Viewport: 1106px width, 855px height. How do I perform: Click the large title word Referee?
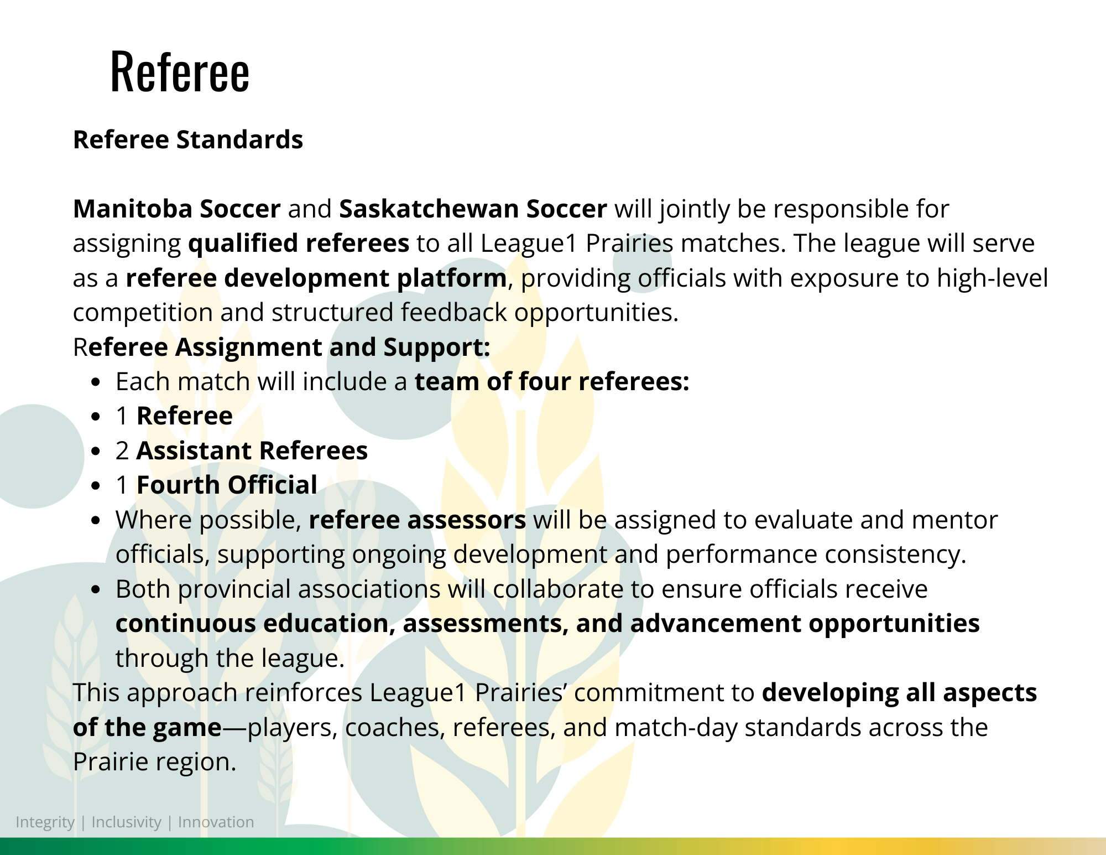[x=180, y=71]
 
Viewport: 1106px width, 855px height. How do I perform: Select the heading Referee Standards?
[x=188, y=139]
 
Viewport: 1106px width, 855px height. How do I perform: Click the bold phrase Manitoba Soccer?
[x=177, y=209]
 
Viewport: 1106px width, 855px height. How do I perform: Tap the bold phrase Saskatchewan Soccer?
[x=473, y=209]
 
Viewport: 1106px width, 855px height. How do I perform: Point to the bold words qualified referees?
[x=299, y=243]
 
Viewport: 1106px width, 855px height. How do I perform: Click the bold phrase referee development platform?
[x=316, y=278]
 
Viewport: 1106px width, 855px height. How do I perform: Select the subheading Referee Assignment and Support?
[x=281, y=348]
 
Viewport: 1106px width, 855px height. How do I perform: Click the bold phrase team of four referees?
[x=552, y=382]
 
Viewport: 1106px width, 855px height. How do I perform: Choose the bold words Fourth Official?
[x=227, y=485]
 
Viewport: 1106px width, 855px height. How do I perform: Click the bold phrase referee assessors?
[x=418, y=520]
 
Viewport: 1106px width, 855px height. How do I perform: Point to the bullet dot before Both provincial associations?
[x=97, y=590]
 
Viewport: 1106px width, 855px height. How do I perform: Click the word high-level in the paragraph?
[x=992, y=278]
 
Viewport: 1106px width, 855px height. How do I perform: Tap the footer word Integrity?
[x=45, y=822]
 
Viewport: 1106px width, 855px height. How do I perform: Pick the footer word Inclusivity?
[x=126, y=822]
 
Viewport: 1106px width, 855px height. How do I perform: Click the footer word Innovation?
[x=216, y=822]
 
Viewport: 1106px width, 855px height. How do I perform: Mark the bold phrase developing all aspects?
[x=900, y=693]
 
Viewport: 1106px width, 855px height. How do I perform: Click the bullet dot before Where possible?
[x=97, y=521]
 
